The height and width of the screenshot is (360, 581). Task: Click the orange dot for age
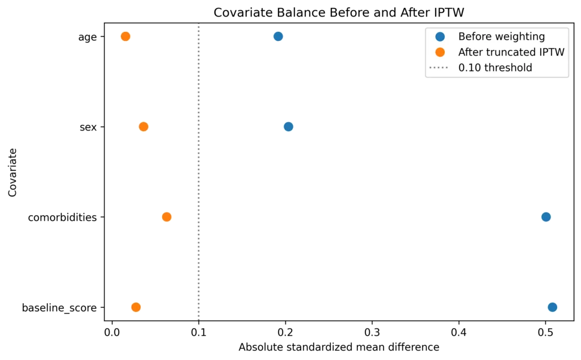click(125, 36)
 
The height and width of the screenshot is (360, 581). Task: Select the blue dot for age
click(278, 36)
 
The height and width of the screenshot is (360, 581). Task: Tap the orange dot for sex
click(144, 127)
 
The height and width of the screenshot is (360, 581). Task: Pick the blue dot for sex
click(288, 127)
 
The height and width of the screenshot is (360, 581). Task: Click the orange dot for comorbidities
click(167, 217)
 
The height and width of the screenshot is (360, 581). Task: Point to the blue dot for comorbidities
click(546, 217)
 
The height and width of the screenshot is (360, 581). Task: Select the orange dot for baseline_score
click(136, 307)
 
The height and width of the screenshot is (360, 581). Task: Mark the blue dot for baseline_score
click(553, 307)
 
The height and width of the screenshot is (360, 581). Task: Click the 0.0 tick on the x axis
click(112, 332)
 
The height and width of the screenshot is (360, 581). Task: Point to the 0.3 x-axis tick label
click(372, 332)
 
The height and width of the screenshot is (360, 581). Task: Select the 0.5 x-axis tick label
click(545, 332)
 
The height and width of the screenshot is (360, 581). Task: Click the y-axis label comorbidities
click(62, 217)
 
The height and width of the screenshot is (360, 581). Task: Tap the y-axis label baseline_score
click(59, 308)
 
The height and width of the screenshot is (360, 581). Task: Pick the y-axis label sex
click(88, 127)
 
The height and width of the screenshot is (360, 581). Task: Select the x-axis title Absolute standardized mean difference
click(339, 347)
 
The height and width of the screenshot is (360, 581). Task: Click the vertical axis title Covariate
click(12, 173)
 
